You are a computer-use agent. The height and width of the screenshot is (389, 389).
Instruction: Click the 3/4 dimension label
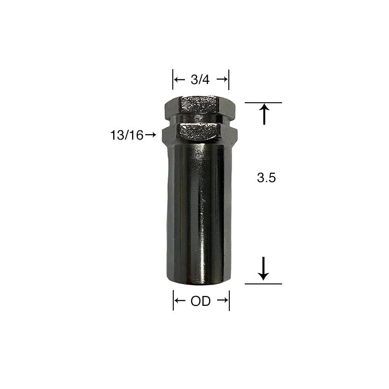click(x=200, y=80)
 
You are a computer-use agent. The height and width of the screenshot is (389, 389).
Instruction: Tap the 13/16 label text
click(x=127, y=135)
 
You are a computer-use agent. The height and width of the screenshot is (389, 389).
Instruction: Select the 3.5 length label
click(x=266, y=178)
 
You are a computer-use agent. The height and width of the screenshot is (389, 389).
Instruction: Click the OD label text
click(x=200, y=301)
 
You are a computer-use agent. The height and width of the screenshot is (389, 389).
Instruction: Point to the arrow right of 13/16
click(x=150, y=134)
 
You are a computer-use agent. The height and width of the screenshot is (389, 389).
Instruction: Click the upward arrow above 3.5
click(x=264, y=114)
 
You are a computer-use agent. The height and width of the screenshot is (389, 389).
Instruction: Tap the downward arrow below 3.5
click(x=263, y=269)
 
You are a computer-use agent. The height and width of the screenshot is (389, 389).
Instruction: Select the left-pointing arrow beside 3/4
click(x=179, y=80)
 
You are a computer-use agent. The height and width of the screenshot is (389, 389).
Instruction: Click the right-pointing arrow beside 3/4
click(x=222, y=79)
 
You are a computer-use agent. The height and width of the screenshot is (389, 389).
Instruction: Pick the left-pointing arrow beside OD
click(x=180, y=301)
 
